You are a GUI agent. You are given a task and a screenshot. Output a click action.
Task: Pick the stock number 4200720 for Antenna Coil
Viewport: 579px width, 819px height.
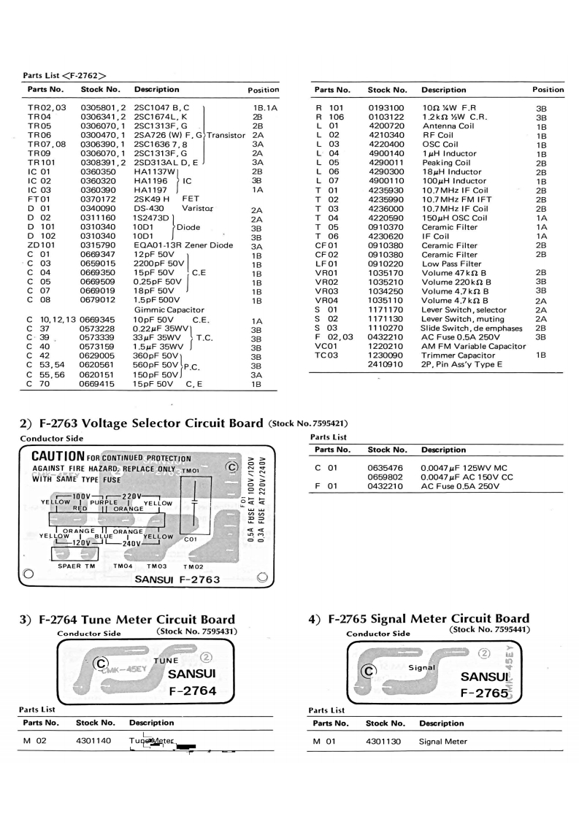tap(385, 126)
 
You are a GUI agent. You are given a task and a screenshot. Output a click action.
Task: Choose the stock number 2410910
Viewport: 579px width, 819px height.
tap(385, 364)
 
